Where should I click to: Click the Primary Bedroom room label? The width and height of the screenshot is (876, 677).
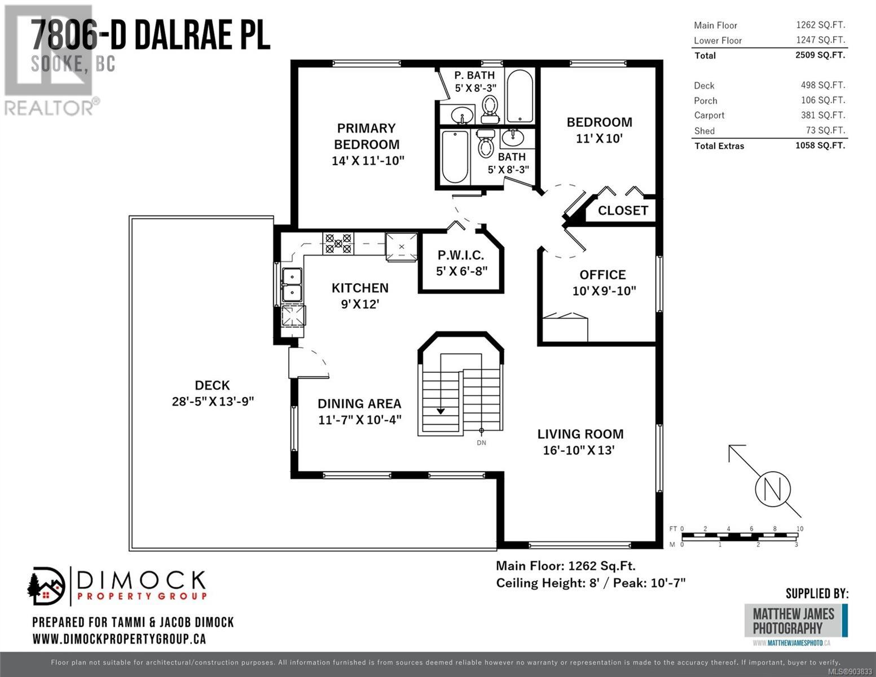[367, 137]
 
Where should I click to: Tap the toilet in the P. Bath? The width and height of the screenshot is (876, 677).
[490, 109]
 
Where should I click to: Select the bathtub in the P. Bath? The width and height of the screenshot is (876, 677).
[520, 95]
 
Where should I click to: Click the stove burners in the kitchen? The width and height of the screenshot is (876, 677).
[338, 243]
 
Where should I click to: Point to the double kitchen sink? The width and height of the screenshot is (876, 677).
[292, 285]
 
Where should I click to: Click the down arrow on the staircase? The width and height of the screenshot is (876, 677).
[441, 411]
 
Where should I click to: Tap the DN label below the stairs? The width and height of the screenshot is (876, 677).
[481, 443]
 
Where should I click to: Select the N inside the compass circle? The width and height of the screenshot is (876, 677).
[772, 489]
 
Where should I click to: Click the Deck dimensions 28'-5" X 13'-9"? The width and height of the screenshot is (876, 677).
[213, 402]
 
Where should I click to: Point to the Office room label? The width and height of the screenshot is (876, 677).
[602, 275]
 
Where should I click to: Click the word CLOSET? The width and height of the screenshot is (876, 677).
[623, 210]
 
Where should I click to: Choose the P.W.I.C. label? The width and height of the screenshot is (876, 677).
[461, 255]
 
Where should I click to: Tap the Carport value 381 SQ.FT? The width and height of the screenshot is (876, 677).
[823, 115]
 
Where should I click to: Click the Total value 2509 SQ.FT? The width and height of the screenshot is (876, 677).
[820, 55]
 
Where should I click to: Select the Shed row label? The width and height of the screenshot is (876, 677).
[705, 131]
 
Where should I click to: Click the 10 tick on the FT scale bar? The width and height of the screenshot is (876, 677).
[800, 529]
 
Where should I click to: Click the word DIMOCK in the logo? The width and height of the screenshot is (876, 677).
[141, 580]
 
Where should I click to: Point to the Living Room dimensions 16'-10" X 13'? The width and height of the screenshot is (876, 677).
[579, 450]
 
